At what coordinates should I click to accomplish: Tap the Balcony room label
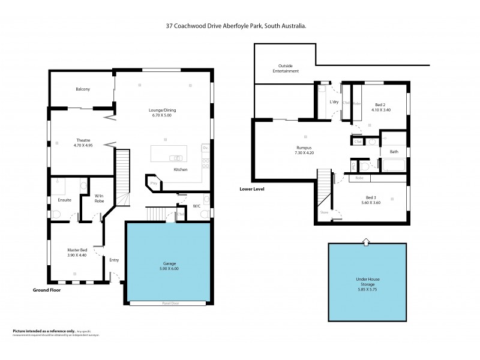(83, 89)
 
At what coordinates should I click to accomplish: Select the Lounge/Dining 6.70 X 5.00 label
(162, 113)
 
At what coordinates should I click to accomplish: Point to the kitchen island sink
(176, 158)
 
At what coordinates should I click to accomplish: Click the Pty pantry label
(154, 182)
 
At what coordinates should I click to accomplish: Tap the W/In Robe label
(100, 198)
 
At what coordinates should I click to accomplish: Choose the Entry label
(114, 260)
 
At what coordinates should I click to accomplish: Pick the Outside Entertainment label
(286, 68)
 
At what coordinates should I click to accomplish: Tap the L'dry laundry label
(334, 101)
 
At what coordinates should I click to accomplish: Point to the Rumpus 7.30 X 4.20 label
(305, 149)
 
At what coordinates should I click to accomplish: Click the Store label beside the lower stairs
(324, 212)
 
